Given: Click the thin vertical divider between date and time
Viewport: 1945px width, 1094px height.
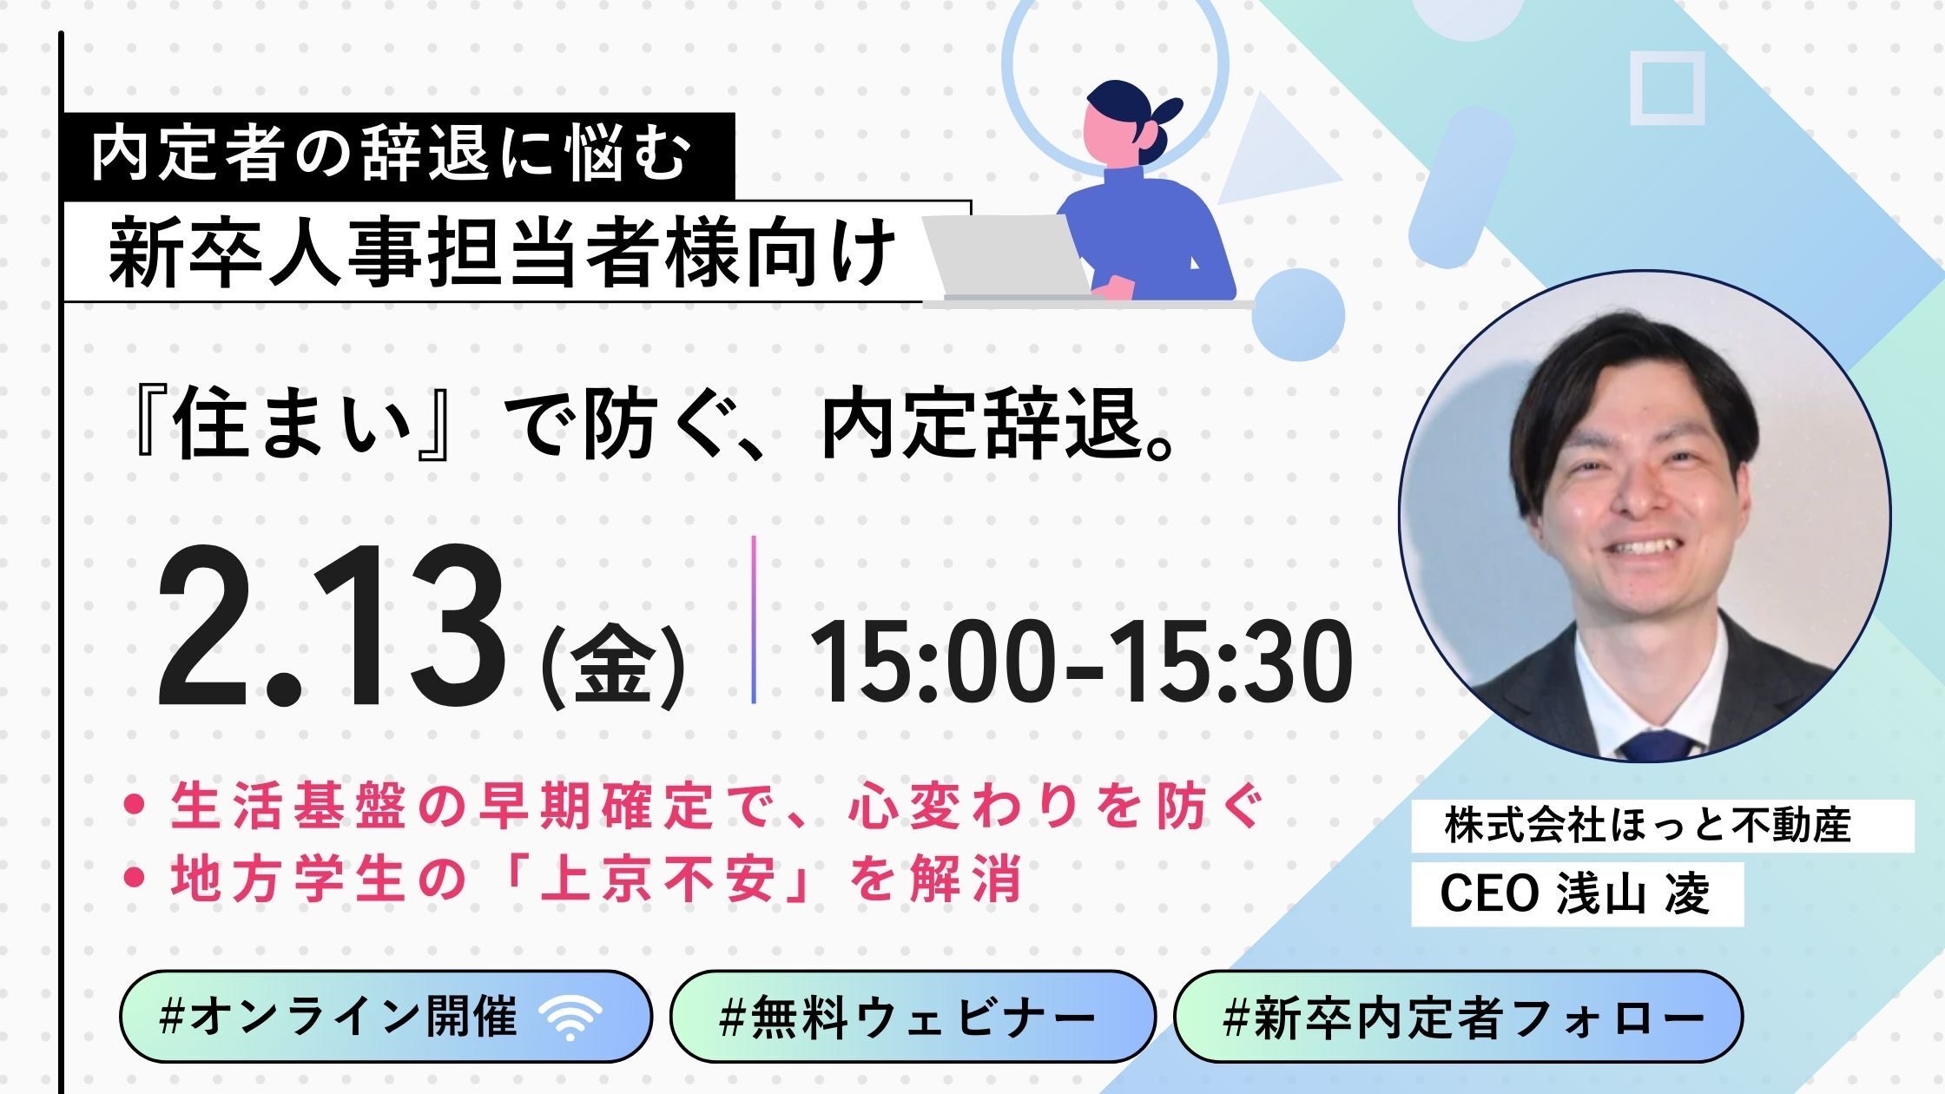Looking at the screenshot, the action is coord(754,619).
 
